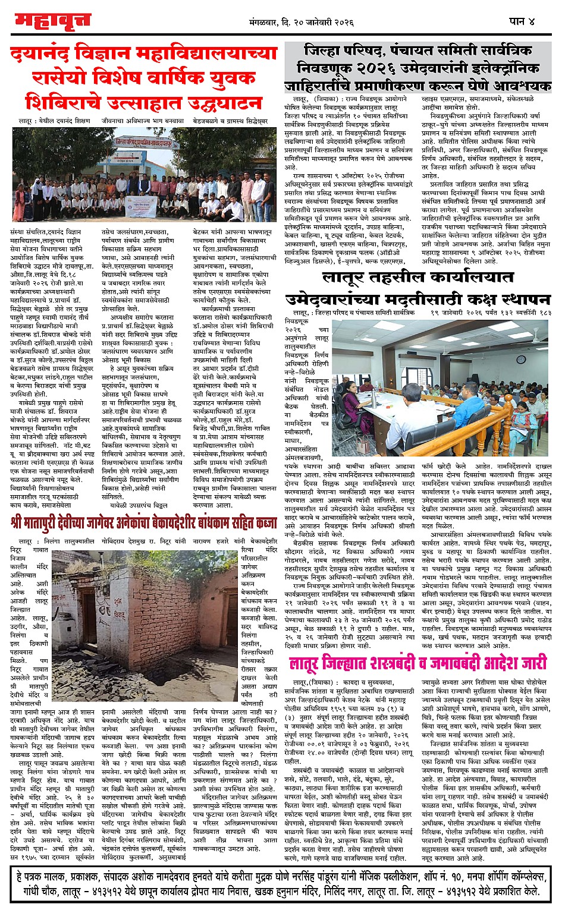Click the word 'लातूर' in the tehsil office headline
point(349,278)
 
